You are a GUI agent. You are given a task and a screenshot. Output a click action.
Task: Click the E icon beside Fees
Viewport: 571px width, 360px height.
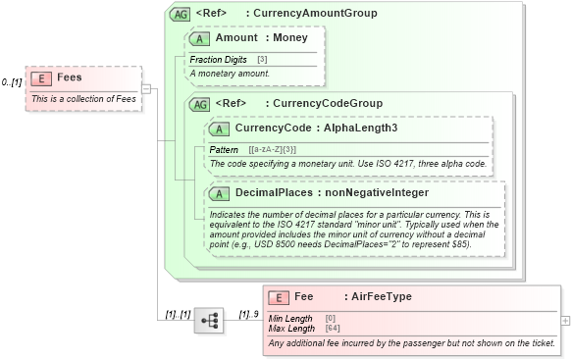coord(41,78)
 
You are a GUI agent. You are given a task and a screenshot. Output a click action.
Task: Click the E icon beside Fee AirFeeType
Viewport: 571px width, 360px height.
coord(280,296)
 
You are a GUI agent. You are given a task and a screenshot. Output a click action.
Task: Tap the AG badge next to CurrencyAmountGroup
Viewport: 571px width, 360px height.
coord(181,14)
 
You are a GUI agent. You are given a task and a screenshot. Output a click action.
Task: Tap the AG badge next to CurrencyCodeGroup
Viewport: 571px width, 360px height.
coord(199,103)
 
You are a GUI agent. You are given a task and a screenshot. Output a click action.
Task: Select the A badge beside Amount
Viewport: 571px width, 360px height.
coord(200,38)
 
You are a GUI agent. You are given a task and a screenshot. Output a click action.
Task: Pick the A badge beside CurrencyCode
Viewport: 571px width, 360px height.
coord(220,129)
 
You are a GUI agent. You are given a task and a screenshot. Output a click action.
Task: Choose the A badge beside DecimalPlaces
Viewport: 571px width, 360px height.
coord(220,193)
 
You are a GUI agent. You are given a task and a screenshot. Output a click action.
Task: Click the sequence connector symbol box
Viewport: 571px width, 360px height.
coord(208,320)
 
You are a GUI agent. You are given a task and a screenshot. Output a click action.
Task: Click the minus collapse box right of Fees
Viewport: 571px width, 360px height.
coord(145,89)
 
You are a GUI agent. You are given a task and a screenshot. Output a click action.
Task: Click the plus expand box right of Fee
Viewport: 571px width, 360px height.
coord(565,320)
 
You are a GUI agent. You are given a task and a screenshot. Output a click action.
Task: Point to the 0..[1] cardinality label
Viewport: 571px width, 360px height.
coord(12,82)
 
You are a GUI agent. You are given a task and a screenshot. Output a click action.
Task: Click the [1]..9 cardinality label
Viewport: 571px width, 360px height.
coord(248,314)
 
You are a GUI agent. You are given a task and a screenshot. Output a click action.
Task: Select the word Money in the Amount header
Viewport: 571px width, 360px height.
coord(290,38)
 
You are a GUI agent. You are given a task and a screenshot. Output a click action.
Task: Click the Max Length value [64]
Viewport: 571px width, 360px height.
coord(332,328)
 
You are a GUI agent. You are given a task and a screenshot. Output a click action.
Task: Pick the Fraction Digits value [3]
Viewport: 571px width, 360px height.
coord(262,60)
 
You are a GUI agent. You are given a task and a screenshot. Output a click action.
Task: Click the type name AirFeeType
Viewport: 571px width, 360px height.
coord(381,296)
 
